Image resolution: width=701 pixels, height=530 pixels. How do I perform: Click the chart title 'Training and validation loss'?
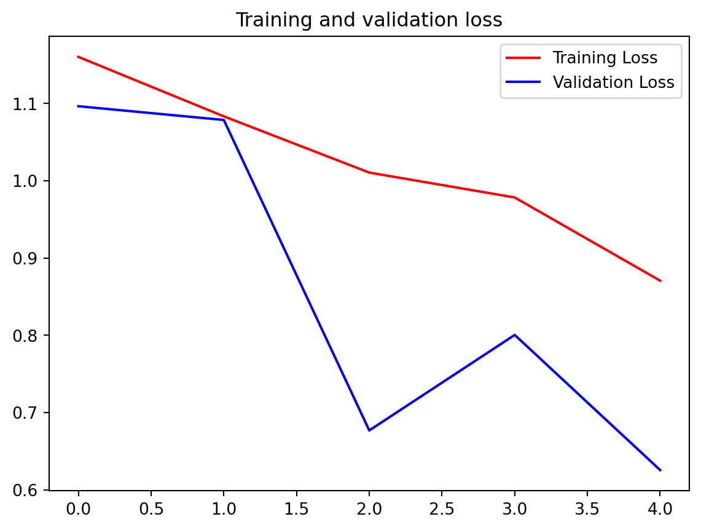point(369,20)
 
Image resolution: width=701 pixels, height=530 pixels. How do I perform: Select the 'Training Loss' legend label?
point(605,58)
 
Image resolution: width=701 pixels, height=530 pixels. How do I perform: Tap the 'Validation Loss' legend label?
point(613,82)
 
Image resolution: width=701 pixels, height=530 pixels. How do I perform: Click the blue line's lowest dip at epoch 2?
point(369,430)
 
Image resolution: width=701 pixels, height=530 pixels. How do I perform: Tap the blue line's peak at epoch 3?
point(515,335)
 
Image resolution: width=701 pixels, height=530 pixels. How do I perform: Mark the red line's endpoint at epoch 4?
point(660,280)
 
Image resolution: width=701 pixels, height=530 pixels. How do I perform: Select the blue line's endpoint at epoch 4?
point(660,470)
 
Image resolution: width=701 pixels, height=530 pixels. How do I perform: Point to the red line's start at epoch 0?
point(78,57)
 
